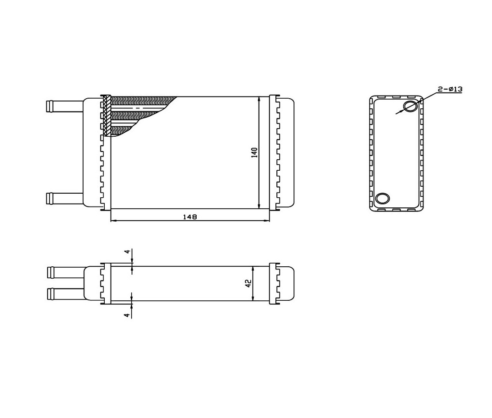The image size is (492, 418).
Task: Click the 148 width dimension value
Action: tap(190, 217)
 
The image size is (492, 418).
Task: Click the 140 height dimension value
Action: tap(254, 153)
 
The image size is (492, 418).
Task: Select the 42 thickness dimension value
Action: tap(248, 284)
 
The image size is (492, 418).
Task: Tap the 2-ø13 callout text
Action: tap(450, 89)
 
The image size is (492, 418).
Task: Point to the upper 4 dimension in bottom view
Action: tap(127, 252)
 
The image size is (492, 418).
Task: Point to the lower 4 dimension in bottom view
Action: tap(127, 314)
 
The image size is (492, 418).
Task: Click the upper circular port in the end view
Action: tap(411, 106)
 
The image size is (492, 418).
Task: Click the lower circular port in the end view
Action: tap(382, 199)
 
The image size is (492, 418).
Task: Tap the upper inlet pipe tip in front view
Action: tap(49, 106)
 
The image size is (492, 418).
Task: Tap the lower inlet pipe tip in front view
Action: tap(49, 199)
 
